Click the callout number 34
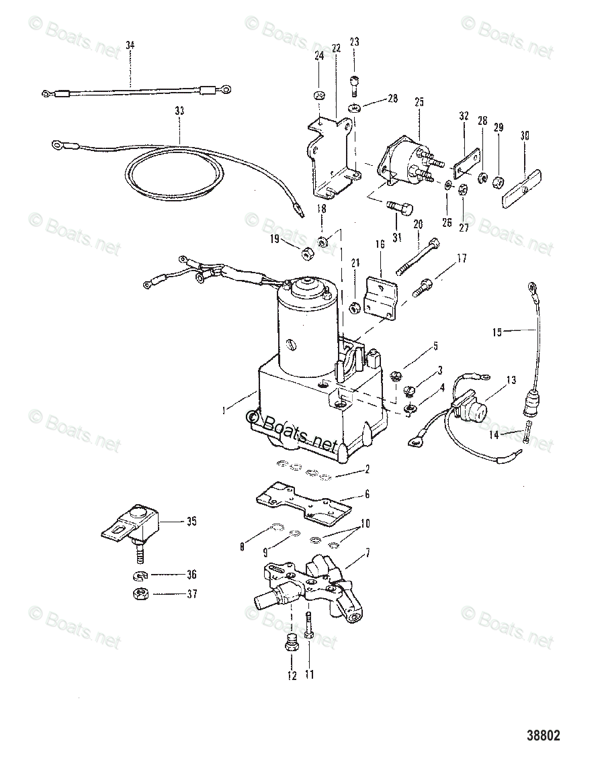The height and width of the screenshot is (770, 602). [130, 45]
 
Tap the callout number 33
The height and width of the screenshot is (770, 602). [178, 109]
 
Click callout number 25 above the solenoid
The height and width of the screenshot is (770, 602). [419, 102]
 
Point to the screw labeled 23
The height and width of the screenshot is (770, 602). [354, 85]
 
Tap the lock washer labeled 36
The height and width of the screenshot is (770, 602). [140, 575]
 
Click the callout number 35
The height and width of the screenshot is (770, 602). [191, 520]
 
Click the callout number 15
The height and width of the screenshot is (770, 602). [497, 332]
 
